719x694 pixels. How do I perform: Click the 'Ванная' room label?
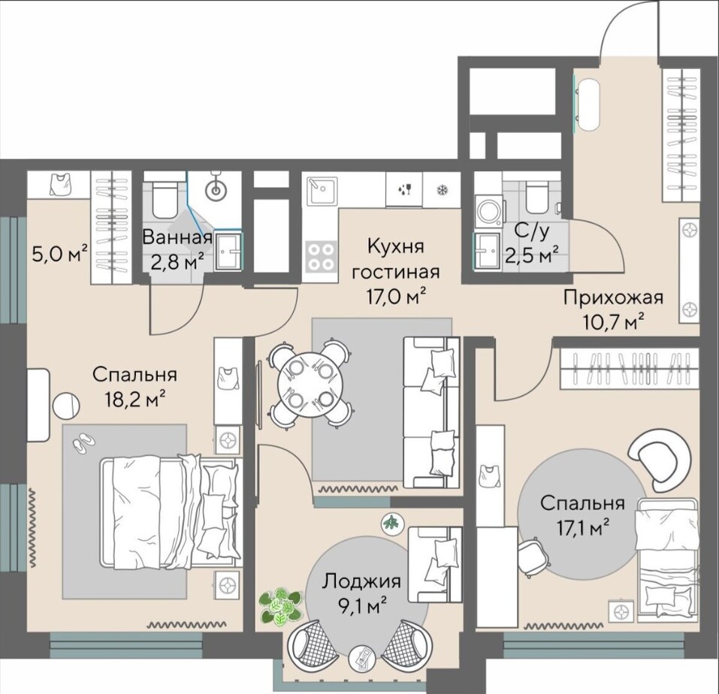pyautogui.click(x=177, y=237)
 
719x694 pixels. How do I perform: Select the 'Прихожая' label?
pyautogui.click(x=614, y=297)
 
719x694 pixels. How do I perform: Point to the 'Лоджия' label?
pyautogui.click(x=361, y=582)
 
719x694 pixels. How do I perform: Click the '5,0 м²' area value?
pyautogui.click(x=59, y=253)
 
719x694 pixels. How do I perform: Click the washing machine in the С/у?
pyautogui.click(x=488, y=211)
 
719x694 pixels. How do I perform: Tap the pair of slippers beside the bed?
pyautogui.click(x=83, y=442)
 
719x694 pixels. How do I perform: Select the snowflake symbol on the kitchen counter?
pyautogui.click(x=442, y=189)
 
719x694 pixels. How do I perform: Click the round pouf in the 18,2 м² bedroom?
pyautogui.click(x=65, y=406)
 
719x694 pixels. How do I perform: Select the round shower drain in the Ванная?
pyautogui.click(x=216, y=189)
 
